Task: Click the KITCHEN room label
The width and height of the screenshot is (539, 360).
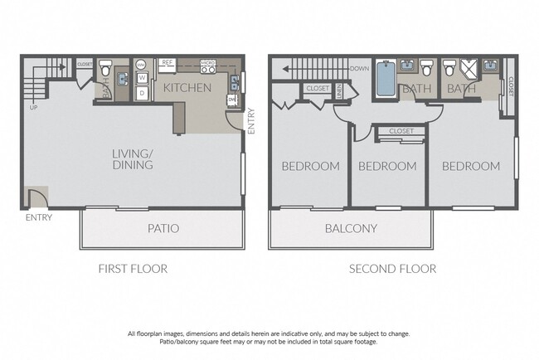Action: [x=187, y=88]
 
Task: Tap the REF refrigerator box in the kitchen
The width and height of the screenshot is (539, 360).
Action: [x=167, y=62]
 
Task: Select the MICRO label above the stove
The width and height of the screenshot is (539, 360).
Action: [x=207, y=62]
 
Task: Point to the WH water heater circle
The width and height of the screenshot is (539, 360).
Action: [x=141, y=64]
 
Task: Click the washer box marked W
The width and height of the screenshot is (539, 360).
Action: [x=142, y=78]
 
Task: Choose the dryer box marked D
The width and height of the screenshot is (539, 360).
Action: [x=142, y=93]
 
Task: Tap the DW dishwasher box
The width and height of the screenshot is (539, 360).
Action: [x=231, y=101]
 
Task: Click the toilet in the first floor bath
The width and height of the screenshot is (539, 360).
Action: [x=105, y=66]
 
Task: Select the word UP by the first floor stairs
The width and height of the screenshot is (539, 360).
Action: [x=33, y=108]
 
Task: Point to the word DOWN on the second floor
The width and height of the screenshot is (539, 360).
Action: [x=359, y=69]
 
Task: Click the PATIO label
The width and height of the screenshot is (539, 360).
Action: [x=163, y=228]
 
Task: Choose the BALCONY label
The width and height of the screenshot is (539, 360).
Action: [x=351, y=229]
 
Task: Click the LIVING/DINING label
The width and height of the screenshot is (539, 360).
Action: [x=133, y=159]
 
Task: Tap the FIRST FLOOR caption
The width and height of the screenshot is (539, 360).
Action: [x=133, y=269]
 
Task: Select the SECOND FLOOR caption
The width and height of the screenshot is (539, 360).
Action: [x=392, y=269]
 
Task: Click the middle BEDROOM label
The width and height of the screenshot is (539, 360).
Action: [x=387, y=166]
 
